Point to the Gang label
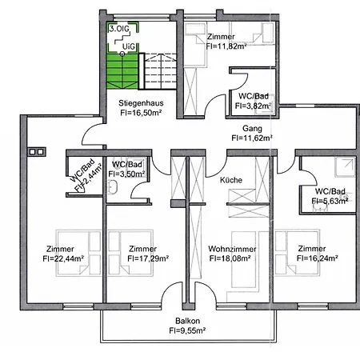tap(252, 127)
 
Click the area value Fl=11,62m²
tap(252, 138)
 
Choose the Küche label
tap(230, 181)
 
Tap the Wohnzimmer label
tap(230, 248)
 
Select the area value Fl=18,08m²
tap(230, 258)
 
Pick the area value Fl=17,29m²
tap(142, 258)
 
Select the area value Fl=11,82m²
tap(220, 46)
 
